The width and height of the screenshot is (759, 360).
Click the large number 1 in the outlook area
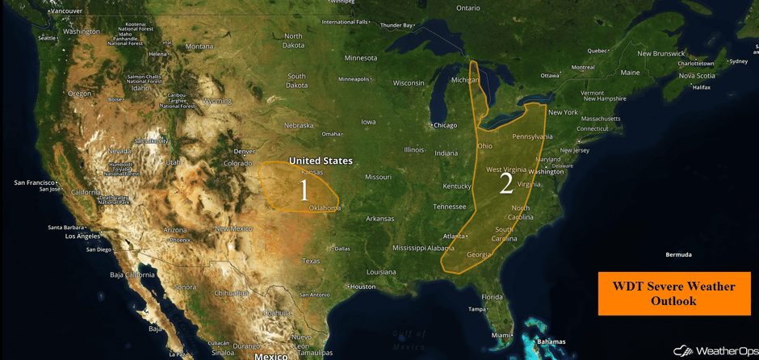coord(304,190)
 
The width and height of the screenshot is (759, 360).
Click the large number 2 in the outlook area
coord(506,184)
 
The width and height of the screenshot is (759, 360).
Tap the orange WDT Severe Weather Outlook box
coord(673,293)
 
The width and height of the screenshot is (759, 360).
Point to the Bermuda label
coord(678,255)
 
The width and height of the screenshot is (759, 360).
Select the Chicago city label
coord(445,125)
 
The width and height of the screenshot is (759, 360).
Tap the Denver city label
coord(244,152)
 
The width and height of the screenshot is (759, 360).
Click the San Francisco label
coord(34,182)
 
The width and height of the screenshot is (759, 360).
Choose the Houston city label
coord(363,287)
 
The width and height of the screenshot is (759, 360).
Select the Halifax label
coord(701,87)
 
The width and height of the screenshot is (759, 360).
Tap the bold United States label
coord(321,161)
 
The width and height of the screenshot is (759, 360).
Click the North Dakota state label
coord(293,40)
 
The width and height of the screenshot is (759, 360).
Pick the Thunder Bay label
coord(396,26)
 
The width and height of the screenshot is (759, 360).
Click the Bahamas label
coord(551,342)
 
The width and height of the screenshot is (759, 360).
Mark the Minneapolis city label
coord(354,79)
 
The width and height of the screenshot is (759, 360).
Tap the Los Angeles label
coord(82,237)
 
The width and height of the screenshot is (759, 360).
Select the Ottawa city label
coord(550,76)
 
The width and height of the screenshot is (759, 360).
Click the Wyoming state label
coord(216,101)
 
